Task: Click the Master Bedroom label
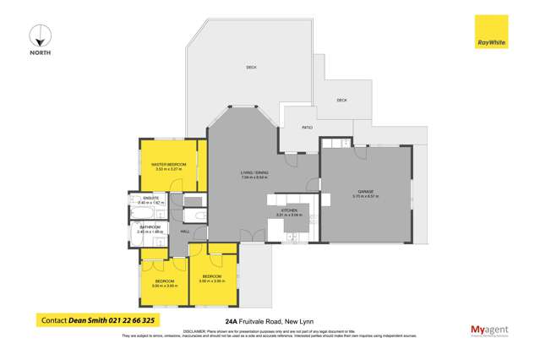pyautogui.click(x=170, y=164)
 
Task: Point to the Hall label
pyautogui.click(x=185, y=231)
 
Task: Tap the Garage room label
pyautogui.click(x=366, y=191)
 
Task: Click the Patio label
pyautogui.click(x=308, y=127)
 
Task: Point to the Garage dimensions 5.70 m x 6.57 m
pyautogui.click(x=366, y=196)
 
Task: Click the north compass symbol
pyautogui.click(x=40, y=36)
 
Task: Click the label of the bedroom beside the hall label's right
pyautogui.click(x=211, y=276)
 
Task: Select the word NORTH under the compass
pyautogui.click(x=40, y=53)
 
